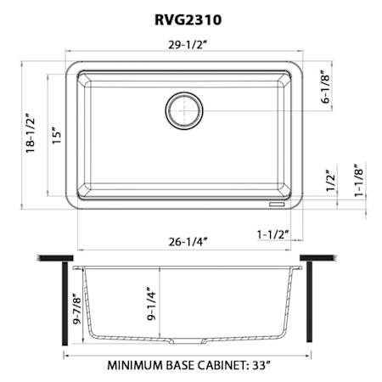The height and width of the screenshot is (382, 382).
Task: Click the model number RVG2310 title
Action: pyautogui.click(x=188, y=20)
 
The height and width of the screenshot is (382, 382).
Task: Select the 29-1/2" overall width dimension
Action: pyautogui.click(x=188, y=45)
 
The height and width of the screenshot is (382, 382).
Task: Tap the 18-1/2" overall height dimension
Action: pyautogui.click(x=31, y=133)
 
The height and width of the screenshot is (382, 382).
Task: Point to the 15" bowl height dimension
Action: pyautogui.click(x=57, y=134)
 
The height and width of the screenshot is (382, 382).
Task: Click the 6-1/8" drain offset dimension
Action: pyautogui.click(x=326, y=87)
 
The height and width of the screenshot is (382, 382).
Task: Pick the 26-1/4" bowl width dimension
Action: pyautogui.click(x=188, y=242)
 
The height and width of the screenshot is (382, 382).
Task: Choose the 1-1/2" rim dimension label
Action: pyautogui.click(x=272, y=234)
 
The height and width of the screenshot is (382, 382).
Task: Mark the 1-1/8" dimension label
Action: pyautogui.click(x=359, y=180)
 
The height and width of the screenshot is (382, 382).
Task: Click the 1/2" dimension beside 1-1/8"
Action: pyautogui.click(x=331, y=181)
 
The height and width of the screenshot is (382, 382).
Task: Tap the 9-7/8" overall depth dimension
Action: pyautogui.click(x=77, y=307)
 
